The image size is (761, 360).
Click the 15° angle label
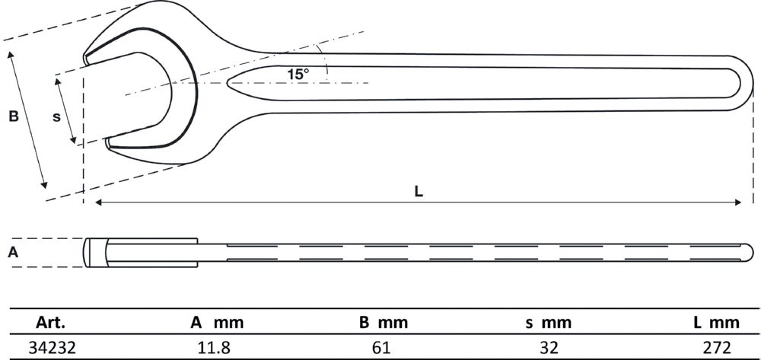pos(298,75)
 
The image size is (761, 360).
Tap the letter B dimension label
pos(13,116)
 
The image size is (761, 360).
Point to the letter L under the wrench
pos(419,192)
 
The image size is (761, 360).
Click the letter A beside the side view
pos(12,252)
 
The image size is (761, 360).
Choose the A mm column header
pos(217,323)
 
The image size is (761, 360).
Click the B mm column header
pos(383,323)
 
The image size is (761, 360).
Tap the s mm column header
pos(547,323)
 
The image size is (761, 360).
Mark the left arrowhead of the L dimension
pos(97,202)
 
